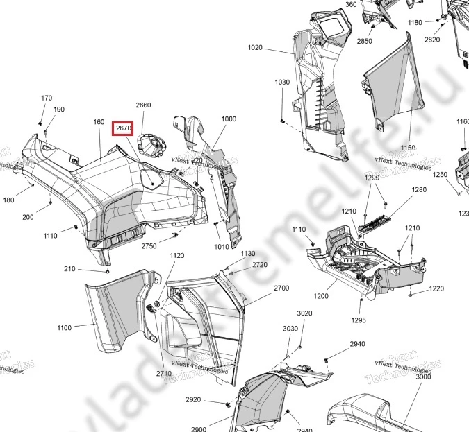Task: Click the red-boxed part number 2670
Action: click(123, 128)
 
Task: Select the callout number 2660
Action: click(143, 105)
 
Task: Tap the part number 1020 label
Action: click(255, 48)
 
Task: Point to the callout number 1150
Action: click(408, 148)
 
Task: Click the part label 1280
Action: click(419, 190)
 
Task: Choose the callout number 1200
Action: click(320, 296)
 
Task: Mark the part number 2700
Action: click(262, 288)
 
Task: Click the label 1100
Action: click(64, 327)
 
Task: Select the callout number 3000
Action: click(423, 377)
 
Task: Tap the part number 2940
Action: click(357, 345)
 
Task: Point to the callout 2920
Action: click(193, 400)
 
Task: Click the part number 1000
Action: click(229, 119)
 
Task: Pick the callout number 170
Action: click(47, 98)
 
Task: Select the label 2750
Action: click(149, 246)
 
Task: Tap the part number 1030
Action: click(281, 83)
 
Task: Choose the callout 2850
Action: click(365, 42)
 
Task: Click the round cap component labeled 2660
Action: click(151, 144)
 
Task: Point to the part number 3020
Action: click(304, 314)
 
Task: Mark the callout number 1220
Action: click(436, 288)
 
